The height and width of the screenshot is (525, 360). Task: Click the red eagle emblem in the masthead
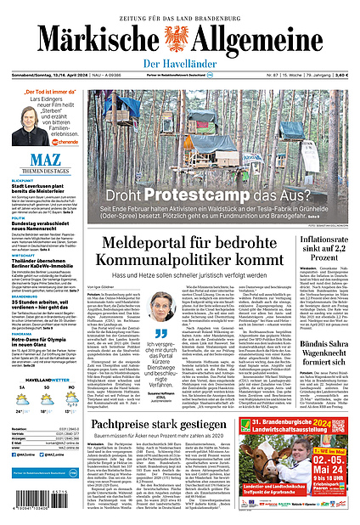pyautogui.click(x=179, y=38)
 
